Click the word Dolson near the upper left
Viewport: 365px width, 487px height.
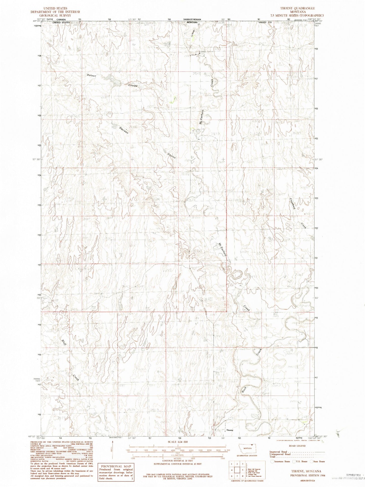[x=91, y=75]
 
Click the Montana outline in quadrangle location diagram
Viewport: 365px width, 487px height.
[x=247, y=448]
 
